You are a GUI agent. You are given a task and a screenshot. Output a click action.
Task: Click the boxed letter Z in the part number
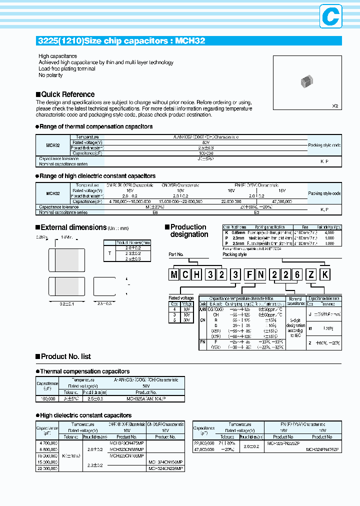click(311, 274)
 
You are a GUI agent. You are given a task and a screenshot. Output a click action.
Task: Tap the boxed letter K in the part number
click(324, 274)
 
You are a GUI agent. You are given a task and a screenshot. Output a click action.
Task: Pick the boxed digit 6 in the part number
click(297, 274)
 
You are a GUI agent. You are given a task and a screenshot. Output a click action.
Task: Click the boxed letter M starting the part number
click(174, 274)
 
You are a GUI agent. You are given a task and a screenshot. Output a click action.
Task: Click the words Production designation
click(188, 230)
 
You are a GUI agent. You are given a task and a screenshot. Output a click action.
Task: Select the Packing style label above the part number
click(234, 254)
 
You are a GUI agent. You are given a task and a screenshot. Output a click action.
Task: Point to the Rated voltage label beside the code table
click(181, 298)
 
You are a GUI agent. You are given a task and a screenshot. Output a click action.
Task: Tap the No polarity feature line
click(50, 75)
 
